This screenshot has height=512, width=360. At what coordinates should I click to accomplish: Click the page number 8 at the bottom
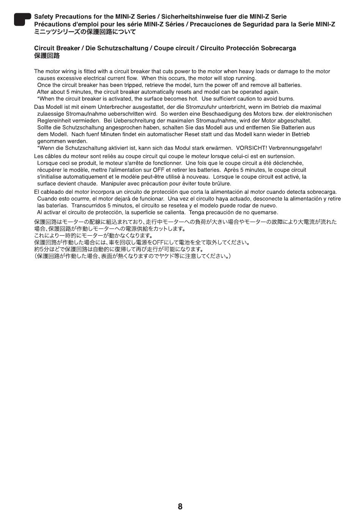click(x=180, y=506)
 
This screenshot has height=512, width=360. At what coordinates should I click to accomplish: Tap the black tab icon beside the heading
click(x=22, y=19)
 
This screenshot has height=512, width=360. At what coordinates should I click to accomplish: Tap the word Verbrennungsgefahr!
click(x=295, y=148)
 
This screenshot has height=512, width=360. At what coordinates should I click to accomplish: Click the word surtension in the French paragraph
click(x=282, y=156)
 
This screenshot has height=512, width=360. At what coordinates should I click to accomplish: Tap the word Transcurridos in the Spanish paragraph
click(x=88, y=205)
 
